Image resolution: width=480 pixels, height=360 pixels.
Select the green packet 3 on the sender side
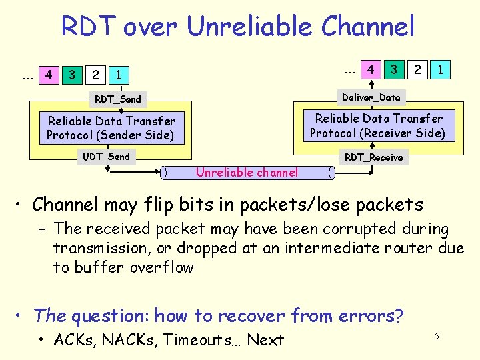click(x=72, y=75)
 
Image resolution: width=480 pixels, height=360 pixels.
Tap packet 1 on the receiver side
click(x=439, y=69)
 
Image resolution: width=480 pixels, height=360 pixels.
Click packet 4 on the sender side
click(x=48, y=75)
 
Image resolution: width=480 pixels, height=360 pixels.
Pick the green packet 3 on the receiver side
click(x=395, y=69)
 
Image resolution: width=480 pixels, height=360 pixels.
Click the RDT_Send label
click(x=118, y=99)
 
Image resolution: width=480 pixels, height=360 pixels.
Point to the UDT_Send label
click(x=107, y=157)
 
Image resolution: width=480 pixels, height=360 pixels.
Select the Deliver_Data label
click(x=371, y=97)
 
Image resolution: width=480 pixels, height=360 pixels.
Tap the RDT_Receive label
click(x=373, y=157)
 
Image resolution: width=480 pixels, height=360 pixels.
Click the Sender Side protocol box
click(x=111, y=128)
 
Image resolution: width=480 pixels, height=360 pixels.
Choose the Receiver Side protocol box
click(x=377, y=126)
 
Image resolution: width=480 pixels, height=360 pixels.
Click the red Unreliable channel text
click(x=247, y=173)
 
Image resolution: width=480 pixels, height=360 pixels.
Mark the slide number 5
click(x=437, y=336)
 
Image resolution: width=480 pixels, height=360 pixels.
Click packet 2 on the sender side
click(x=96, y=75)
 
